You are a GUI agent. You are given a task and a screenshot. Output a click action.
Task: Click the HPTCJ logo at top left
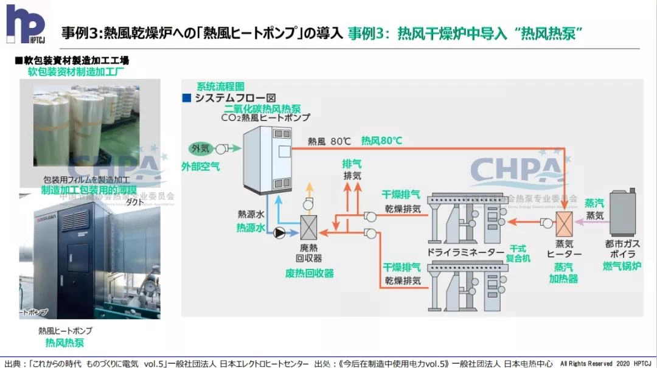tap(25, 24)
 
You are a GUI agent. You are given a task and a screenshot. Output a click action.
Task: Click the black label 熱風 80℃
tap(329, 141)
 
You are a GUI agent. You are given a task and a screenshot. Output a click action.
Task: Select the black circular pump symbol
tap(280, 232)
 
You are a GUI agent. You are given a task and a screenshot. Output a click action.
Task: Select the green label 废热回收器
tap(310, 274)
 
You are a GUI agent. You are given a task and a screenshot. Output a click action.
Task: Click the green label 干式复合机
tap(520, 254)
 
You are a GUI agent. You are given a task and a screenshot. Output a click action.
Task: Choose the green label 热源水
tap(251, 228)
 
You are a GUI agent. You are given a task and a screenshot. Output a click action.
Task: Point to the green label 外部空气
tap(201, 165)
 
